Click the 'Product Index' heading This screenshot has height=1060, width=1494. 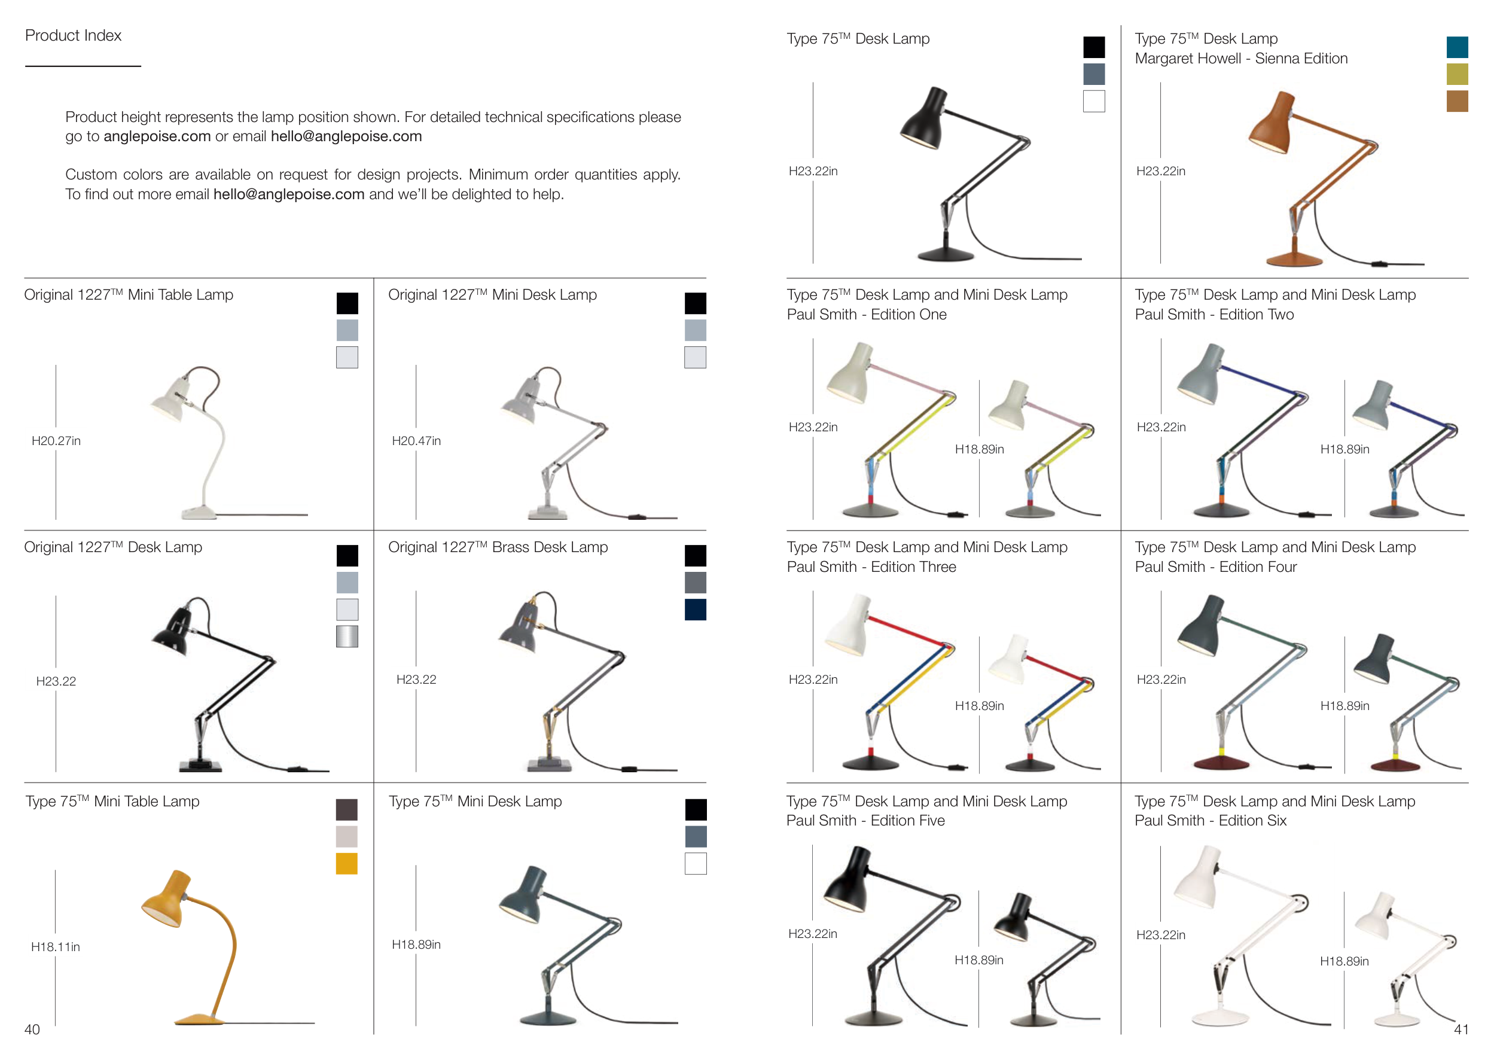pos(73,35)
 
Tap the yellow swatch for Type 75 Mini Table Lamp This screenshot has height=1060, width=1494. pos(346,864)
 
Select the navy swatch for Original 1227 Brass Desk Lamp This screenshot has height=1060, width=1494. pos(696,610)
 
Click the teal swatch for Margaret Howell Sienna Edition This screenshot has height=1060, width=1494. pos(1457,47)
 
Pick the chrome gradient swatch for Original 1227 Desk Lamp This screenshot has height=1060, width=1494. pos(347,636)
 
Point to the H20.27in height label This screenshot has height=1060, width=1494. pos(56,441)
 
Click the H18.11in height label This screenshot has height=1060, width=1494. pos(56,947)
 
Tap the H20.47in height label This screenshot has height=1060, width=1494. pos(416,441)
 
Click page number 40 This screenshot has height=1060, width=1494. pos(32,1029)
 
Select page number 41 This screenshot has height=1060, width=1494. pos(1461,1029)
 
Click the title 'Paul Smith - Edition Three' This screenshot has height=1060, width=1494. pos(871,567)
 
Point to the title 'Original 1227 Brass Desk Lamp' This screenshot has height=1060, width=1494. pos(498,547)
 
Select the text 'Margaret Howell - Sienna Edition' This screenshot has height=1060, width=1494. pos(1241,59)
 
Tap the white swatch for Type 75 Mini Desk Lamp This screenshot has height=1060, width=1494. pos(696,864)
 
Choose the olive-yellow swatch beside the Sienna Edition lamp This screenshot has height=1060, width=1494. pos(1457,74)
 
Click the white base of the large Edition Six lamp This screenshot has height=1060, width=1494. pos(1220,1018)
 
